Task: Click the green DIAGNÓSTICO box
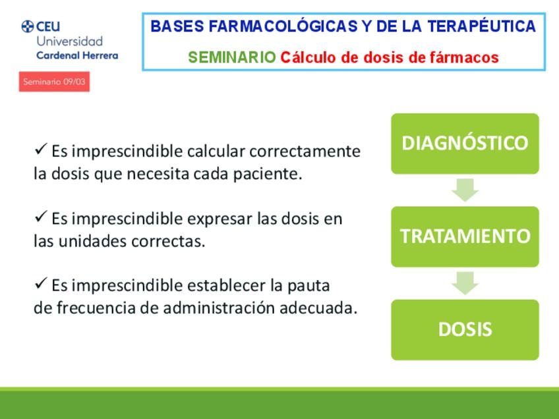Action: pos(465,144)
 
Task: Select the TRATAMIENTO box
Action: pos(465,237)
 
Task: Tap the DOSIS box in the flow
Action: pos(465,329)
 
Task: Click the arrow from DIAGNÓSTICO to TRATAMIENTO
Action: pos(465,190)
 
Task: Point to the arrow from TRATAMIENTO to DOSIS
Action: pos(465,283)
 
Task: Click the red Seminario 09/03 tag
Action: pos(54,82)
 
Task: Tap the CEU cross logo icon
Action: pos(28,26)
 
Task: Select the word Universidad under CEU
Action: pos(69,42)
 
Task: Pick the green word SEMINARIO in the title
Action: pos(232,57)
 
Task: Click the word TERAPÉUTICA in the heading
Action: pos(482,26)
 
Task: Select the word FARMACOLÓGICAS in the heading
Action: pos(283,26)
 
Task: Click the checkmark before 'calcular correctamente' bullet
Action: pos(41,149)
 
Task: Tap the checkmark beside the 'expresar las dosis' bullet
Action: pos(41,216)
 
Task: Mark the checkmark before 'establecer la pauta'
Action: pos(41,283)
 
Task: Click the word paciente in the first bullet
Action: pos(268,174)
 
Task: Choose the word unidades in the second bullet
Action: pos(93,241)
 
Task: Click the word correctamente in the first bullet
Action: pos(305,151)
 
